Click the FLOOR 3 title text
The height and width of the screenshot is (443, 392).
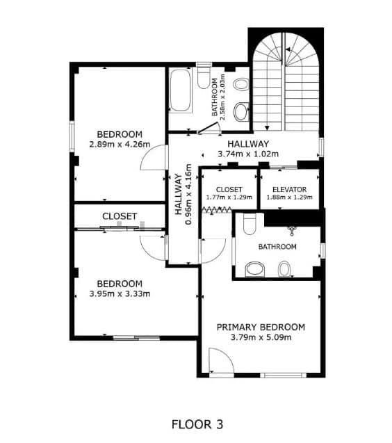tap(197, 424)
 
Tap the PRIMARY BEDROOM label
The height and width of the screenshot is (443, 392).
tap(261, 327)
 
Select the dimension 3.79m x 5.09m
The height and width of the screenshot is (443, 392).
tap(261, 337)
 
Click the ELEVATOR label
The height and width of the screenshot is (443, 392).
tap(289, 190)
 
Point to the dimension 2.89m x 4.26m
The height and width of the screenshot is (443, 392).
tap(120, 145)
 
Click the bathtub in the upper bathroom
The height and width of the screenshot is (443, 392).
tap(180, 90)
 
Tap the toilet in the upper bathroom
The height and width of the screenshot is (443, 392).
tap(204, 76)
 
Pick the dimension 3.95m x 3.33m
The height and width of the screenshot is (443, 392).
tap(120, 293)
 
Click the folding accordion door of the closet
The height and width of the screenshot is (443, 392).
tap(217, 209)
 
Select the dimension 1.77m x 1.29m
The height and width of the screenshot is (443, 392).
tap(229, 198)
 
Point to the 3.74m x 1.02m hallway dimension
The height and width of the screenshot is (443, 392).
tap(248, 154)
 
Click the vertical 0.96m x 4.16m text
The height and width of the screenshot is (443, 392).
tap(188, 195)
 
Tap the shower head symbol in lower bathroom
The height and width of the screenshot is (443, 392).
tap(292, 231)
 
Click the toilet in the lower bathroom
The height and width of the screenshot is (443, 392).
tap(250, 224)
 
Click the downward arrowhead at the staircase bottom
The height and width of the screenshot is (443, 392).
tap(267, 128)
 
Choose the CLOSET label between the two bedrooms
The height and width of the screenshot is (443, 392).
tap(120, 216)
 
